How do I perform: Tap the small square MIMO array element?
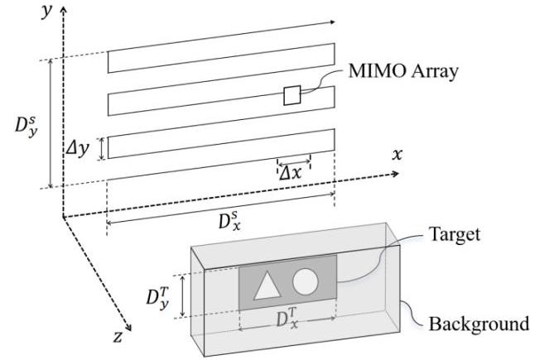[x=292, y=95]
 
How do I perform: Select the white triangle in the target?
[x=265, y=285]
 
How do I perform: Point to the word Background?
[x=478, y=322]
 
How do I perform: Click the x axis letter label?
[x=397, y=156]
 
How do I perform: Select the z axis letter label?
[x=118, y=337]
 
